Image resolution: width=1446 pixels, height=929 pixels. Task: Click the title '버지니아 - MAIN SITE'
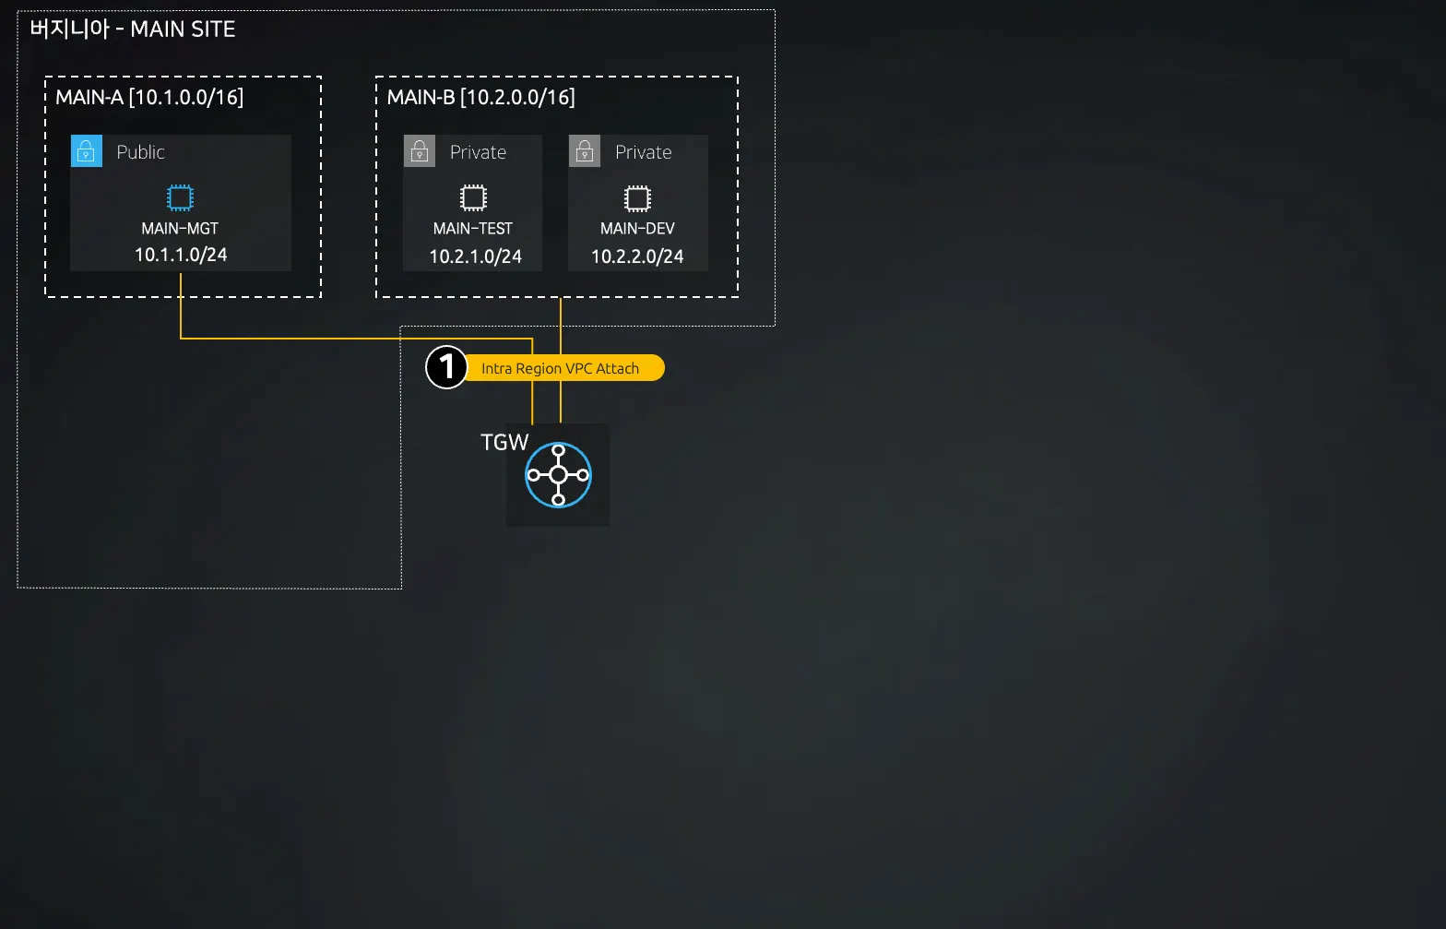click(x=133, y=30)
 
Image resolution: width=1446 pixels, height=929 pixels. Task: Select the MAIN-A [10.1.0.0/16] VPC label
click(x=149, y=97)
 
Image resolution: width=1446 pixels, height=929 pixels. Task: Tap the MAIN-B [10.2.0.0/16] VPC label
click(x=480, y=97)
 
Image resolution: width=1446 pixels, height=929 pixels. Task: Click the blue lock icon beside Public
click(x=87, y=151)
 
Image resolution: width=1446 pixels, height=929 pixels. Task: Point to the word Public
click(x=140, y=152)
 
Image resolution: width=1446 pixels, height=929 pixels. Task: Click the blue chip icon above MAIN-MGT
click(x=180, y=197)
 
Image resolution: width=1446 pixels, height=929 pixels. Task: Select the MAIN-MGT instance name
click(x=180, y=228)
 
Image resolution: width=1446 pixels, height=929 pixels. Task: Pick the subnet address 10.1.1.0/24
click(x=181, y=255)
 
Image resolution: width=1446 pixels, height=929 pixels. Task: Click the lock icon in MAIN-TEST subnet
click(x=420, y=151)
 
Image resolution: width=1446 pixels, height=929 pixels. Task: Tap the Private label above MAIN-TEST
click(x=478, y=152)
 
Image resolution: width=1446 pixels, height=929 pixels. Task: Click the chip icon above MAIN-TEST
click(x=473, y=197)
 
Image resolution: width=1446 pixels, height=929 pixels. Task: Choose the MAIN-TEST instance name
click(x=473, y=228)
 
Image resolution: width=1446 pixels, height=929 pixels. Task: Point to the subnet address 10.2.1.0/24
click(x=475, y=256)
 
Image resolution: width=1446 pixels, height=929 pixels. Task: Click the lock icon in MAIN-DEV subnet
click(x=585, y=151)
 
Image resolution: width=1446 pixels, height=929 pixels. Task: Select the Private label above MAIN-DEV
click(x=643, y=152)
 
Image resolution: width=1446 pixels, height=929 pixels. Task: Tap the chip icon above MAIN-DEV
click(x=637, y=198)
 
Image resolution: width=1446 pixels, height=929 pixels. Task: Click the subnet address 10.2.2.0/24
click(x=637, y=256)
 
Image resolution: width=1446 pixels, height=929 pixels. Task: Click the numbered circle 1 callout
click(x=447, y=367)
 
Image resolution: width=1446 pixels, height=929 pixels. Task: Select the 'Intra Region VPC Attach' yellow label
click(x=560, y=368)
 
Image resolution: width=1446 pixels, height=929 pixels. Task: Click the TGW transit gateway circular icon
click(x=558, y=475)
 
